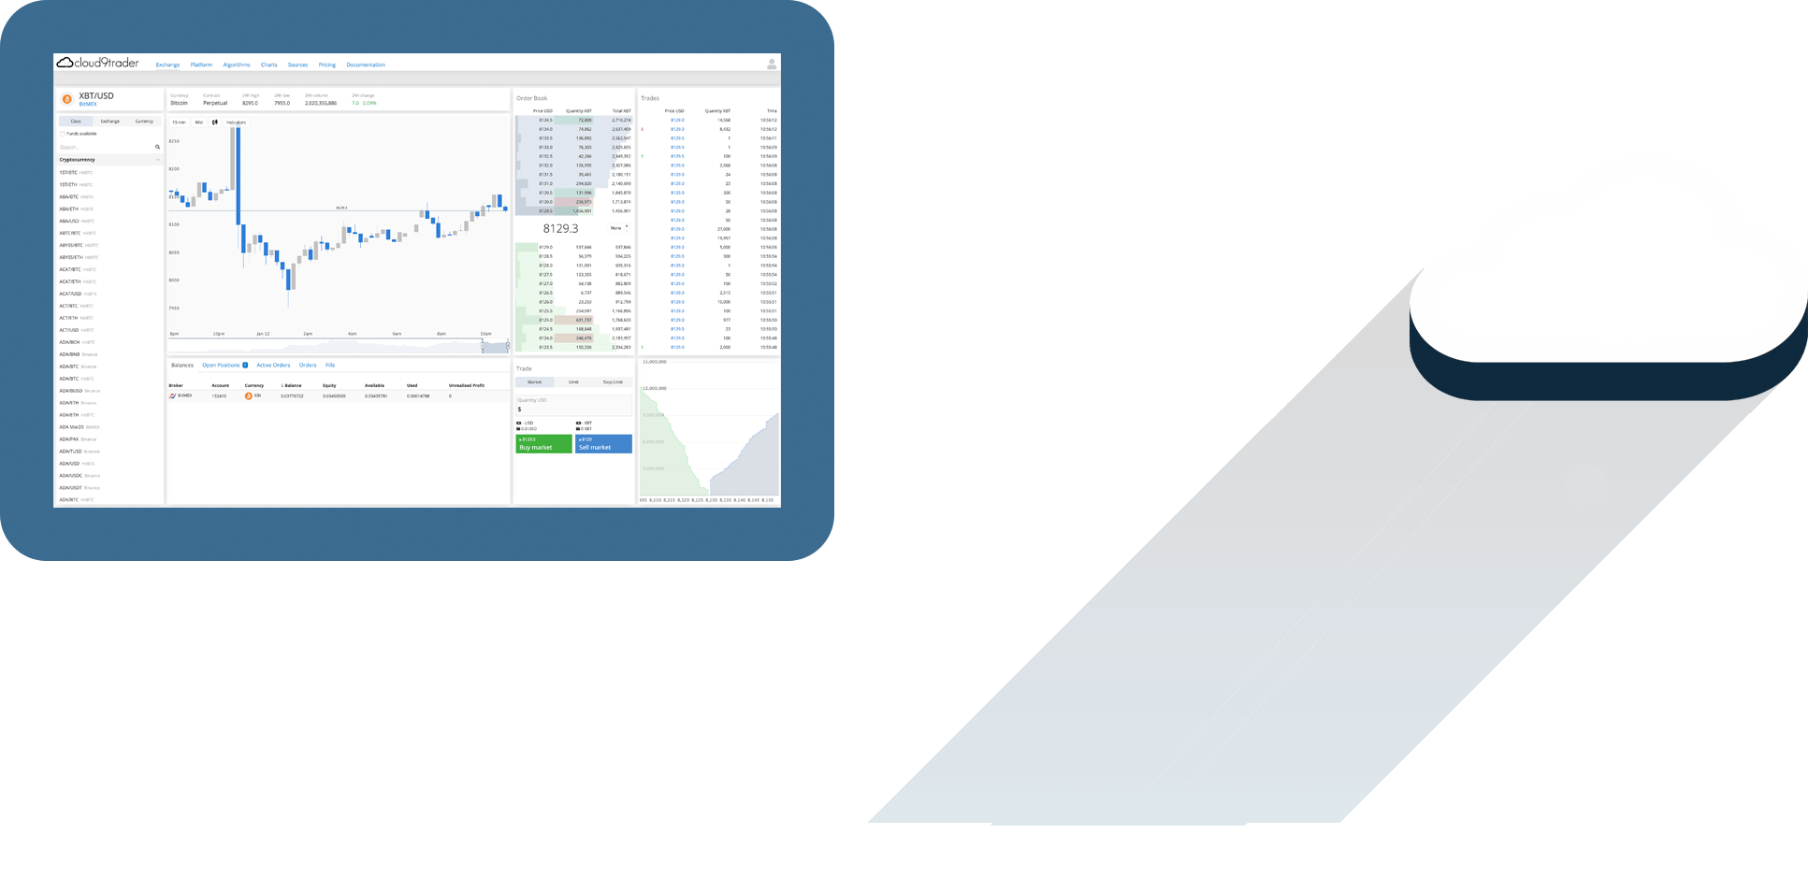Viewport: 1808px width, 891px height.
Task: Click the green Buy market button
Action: (x=543, y=444)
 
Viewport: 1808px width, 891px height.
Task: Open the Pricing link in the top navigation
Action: (x=326, y=65)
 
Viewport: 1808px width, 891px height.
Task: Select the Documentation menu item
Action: (x=366, y=65)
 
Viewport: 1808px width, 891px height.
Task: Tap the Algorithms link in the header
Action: (x=237, y=65)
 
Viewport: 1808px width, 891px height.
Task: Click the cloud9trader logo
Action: (x=98, y=64)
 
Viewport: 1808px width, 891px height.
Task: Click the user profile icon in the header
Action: (x=771, y=65)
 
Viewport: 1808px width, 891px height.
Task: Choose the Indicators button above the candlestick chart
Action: (x=235, y=122)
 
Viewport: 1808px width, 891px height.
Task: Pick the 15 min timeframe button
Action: (x=179, y=122)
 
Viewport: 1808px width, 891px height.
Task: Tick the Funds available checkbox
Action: (x=63, y=134)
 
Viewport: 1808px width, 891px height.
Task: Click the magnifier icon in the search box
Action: (x=157, y=147)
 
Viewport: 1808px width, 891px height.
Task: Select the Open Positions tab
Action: (x=222, y=366)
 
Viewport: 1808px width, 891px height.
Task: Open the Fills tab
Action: (x=330, y=366)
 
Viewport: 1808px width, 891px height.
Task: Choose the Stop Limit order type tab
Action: (x=613, y=382)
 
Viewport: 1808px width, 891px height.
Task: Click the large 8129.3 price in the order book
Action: (x=560, y=229)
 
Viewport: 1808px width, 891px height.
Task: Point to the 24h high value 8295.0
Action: (x=250, y=103)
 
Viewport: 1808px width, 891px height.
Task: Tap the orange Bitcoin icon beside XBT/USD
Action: (x=66, y=99)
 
